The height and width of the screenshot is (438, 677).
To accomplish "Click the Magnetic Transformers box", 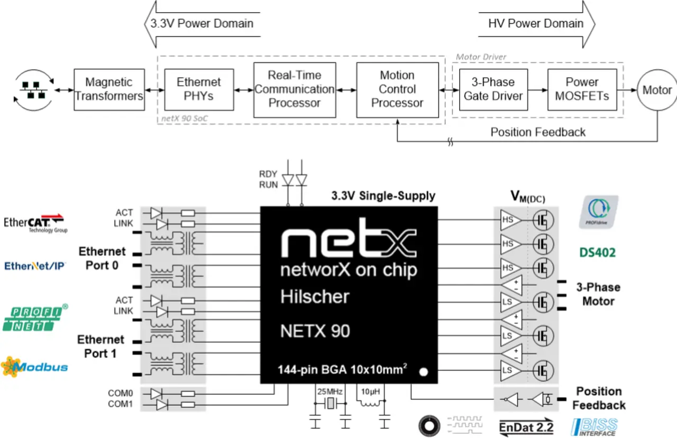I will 109,89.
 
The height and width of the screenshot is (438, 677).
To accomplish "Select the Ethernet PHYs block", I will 199,89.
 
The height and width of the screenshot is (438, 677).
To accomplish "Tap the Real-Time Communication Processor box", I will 295,89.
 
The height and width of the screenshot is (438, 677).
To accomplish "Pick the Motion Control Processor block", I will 397,89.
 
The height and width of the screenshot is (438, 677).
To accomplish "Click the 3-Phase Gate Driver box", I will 493,89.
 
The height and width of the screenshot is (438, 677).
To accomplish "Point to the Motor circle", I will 657,90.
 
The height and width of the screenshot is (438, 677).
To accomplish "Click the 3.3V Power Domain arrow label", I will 202,24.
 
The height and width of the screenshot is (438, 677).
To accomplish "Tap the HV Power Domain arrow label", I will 536,24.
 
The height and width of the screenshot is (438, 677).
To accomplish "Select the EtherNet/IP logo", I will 35,266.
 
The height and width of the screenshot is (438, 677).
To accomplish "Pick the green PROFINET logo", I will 35,319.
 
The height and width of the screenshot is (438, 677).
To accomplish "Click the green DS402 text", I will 597,253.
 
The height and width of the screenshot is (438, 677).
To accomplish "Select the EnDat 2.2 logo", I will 527,426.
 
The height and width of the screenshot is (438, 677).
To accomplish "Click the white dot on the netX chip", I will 423,372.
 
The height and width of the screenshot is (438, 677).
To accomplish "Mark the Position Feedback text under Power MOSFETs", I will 538,132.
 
